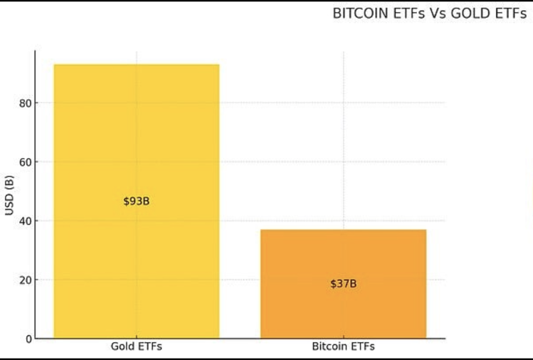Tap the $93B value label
point(136,201)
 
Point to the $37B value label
point(343,284)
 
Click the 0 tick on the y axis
point(28,339)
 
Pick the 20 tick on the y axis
point(26,280)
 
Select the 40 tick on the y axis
point(26,221)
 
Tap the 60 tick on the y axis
point(26,162)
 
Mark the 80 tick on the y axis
point(26,103)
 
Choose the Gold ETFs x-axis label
point(136,347)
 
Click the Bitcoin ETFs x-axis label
point(343,347)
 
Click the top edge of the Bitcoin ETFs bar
point(343,231)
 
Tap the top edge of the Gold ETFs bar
point(136,65)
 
